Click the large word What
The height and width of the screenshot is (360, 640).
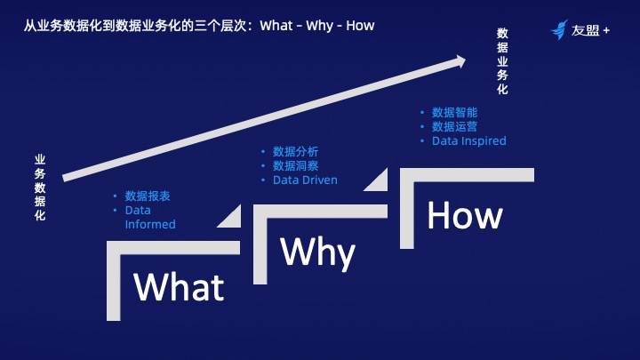click(179, 287)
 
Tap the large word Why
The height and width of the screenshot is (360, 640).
click(318, 252)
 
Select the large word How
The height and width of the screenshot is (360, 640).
click(465, 215)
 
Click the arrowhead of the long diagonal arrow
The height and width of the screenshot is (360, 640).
click(460, 61)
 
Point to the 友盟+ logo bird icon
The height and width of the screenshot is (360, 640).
click(559, 29)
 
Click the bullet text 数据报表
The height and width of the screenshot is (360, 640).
click(148, 196)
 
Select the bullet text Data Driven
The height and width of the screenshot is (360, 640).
click(305, 180)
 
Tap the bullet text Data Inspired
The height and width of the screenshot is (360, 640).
click(469, 140)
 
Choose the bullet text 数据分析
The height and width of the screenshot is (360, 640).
click(295, 152)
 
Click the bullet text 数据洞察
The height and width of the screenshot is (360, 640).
click(295, 165)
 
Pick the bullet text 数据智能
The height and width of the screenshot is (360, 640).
click(454, 113)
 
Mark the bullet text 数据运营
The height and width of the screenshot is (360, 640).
click(454, 126)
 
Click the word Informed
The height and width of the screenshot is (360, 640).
click(150, 225)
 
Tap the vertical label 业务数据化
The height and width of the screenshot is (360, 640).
click(40, 188)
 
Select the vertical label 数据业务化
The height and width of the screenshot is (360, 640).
click(502, 61)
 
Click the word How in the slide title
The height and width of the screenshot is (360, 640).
click(360, 25)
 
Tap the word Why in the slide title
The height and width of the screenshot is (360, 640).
click(320, 26)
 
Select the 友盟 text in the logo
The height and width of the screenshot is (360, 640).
click(585, 30)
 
